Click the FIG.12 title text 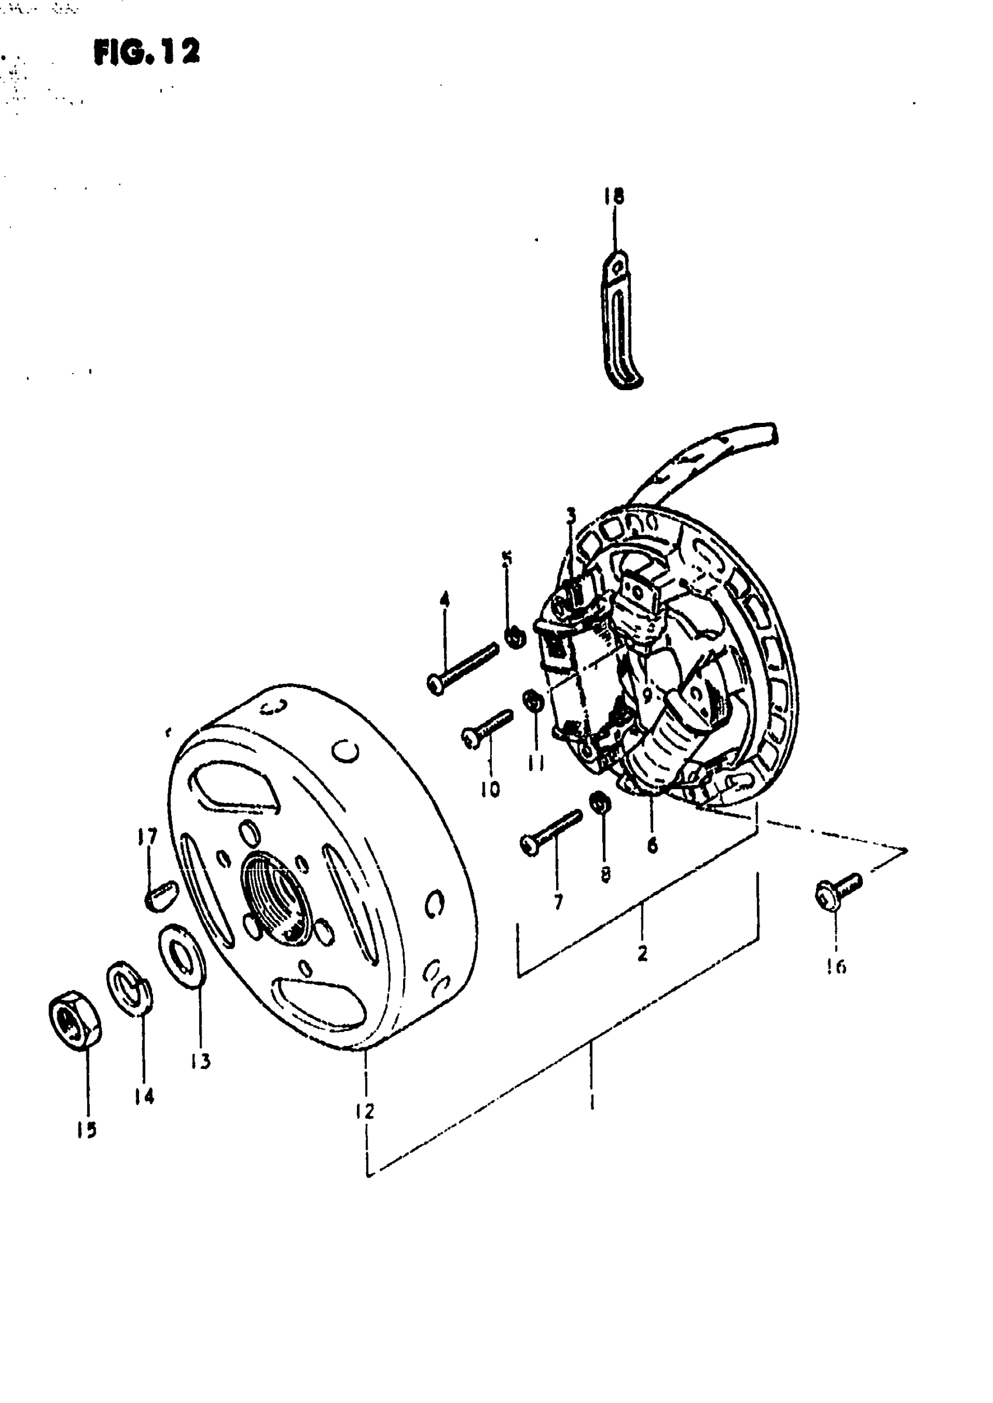coord(147,51)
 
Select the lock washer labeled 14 coord(130,988)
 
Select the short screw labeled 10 coord(487,730)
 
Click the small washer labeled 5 coord(515,638)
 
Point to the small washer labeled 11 coord(532,700)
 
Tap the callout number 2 coord(642,953)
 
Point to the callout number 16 coord(836,967)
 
